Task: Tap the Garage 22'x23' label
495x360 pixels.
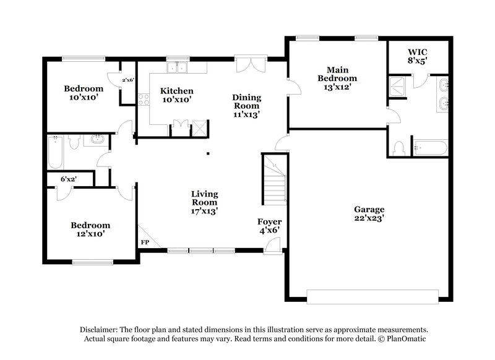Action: tap(369, 213)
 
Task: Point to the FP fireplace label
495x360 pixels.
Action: tap(145, 242)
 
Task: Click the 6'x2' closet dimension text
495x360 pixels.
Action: tap(69, 179)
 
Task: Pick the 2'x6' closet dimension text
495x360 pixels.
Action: tap(128, 80)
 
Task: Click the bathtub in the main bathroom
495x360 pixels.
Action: tap(430, 148)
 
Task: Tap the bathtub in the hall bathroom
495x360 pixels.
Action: tap(54, 152)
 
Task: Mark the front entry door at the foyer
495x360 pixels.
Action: tap(270, 246)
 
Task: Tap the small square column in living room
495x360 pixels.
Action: tap(209, 153)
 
